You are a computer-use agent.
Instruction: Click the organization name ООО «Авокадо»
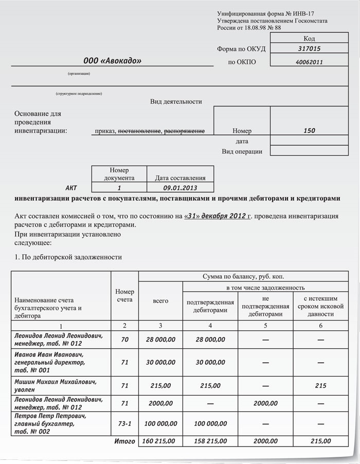click(112, 61)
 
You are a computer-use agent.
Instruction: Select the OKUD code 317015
click(309, 49)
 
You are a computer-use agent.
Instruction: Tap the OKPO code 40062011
click(309, 62)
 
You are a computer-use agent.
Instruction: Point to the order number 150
click(309, 131)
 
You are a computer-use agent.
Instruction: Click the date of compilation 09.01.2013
click(180, 188)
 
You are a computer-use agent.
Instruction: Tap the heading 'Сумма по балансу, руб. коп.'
click(243, 276)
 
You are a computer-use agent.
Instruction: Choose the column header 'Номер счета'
click(124, 295)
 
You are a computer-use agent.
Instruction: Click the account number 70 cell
click(124, 340)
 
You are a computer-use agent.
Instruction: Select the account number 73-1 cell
click(124, 424)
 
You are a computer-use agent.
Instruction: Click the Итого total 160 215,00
click(160, 441)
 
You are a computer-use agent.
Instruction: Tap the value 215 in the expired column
click(320, 385)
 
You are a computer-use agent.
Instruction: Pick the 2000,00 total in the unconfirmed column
click(265, 441)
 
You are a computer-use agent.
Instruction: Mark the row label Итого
click(124, 441)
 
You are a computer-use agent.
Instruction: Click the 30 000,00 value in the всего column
click(160, 362)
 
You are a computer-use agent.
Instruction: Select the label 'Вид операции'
click(242, 152)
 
